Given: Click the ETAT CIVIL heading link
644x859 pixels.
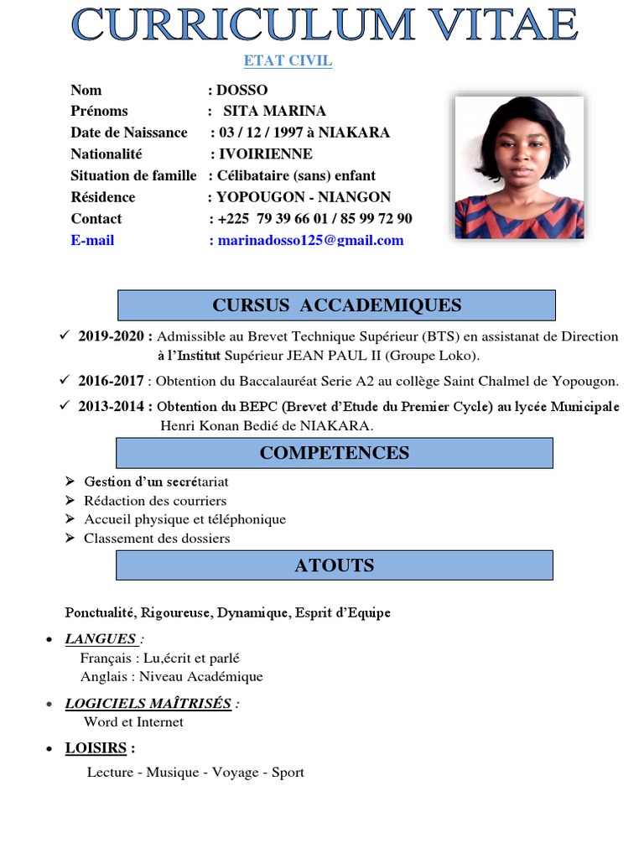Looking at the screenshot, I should pos(288,61).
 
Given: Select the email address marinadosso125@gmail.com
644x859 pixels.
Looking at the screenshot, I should pos(310,240).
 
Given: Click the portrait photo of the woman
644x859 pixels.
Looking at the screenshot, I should pos(519,167).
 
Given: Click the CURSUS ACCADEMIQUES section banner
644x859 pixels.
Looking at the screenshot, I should pos(336,305).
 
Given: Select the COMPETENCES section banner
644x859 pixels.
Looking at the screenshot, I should pos(334,453).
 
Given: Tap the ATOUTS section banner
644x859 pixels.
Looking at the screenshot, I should pos(334,565).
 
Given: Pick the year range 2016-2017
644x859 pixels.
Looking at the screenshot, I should pos(111,381).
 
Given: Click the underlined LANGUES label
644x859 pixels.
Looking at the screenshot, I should pos(101,639).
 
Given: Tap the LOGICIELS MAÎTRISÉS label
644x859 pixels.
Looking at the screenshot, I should pos(148,703).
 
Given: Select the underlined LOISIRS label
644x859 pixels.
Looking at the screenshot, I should pos(96,747).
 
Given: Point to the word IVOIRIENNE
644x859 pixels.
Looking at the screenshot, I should pos(265,154).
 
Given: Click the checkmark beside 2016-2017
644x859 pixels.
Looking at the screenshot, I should pos(65,380).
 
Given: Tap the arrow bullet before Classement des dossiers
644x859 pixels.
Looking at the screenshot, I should pos(70,538).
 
